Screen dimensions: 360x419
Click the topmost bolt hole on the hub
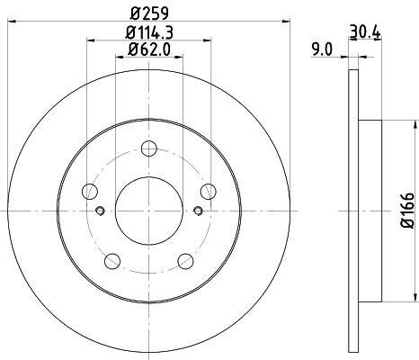click(149, 148)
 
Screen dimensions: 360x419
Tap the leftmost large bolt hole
click(90, 191)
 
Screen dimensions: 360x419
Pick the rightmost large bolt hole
click(208, 191)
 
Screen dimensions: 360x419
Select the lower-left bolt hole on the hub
click(112, 261)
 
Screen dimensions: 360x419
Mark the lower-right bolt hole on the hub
click(185, 261)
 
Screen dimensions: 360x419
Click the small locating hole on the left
click(100, 212)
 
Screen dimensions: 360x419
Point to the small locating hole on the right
click(198, 212)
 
